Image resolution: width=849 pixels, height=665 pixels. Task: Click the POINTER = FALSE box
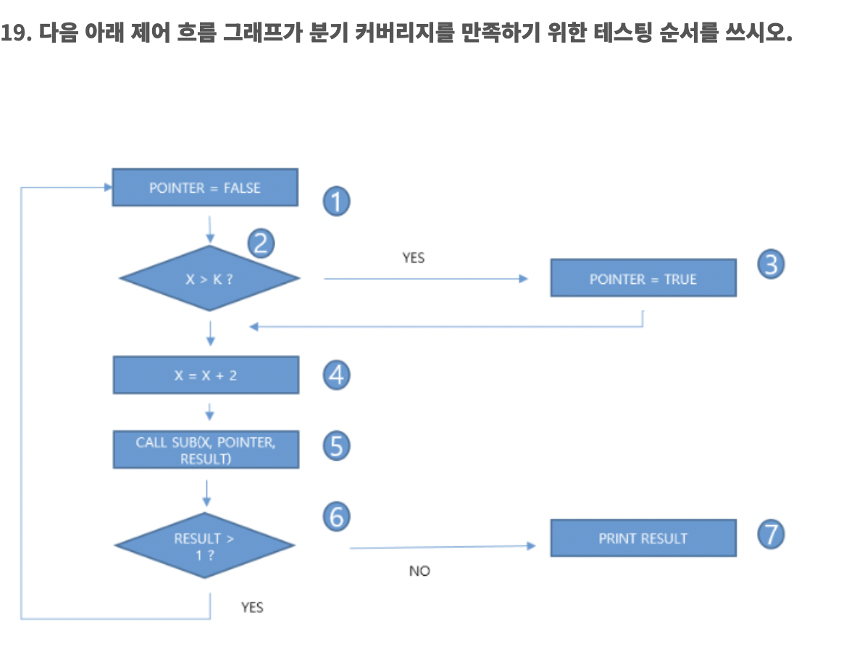coord(204,188)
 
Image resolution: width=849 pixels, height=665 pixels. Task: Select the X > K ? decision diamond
coord(209,279)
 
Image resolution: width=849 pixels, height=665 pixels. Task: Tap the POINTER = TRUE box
coord(643,279)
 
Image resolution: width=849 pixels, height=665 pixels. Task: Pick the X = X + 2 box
coord(206,375)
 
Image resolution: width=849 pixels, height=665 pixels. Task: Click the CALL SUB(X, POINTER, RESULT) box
coord(206,450)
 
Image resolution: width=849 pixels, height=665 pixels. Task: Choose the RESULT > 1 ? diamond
coord(205,545)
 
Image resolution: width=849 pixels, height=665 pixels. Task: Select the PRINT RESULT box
coord(643,538)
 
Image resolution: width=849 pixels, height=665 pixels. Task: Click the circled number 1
coord(336,201)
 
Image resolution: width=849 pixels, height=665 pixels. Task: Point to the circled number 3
coord(771,265)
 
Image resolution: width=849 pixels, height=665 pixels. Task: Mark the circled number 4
coord(336,375)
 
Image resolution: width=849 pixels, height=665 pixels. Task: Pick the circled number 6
coord(336,516)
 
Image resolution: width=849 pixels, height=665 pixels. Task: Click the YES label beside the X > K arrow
coord(414,258)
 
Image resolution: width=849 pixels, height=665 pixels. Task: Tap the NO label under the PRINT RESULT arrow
coord(419,571)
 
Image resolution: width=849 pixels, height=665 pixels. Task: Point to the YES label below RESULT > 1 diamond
coord(252,607)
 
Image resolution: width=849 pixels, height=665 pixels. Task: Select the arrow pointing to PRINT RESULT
coord(443,547)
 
